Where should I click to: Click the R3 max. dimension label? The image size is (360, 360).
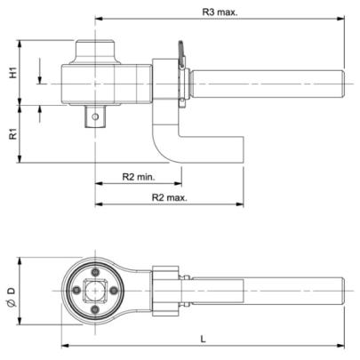220,12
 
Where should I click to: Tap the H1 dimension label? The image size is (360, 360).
13,73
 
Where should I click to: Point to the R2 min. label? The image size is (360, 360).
139,177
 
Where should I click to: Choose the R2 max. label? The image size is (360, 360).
170,197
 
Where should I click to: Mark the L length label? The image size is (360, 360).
203,339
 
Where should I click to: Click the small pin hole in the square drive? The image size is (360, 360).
95,116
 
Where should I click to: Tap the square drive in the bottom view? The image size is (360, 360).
95,291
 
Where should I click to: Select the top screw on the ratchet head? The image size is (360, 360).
95,272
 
